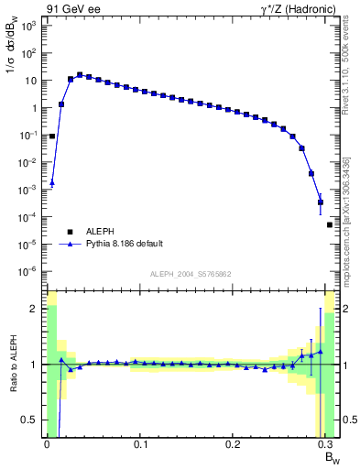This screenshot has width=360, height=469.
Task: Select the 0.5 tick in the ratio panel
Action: point(32,420)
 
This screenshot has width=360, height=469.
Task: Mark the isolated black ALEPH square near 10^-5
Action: point(330,224)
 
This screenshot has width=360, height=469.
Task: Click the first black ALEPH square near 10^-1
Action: point(52,136)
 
